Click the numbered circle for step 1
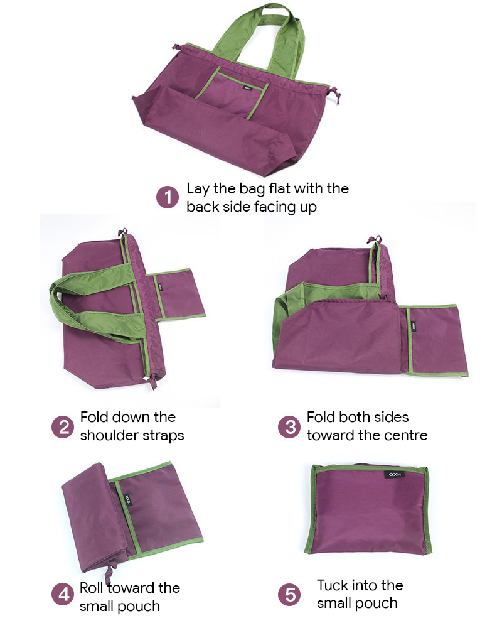[x=168, y=197]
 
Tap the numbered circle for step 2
[x=63, y=427]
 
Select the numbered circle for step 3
[x=289, y=427]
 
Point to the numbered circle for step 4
[x=63, y=594]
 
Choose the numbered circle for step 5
[x=289, y=594]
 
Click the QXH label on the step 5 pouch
[x=394, y=474]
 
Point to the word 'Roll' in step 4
[x=92, y=588]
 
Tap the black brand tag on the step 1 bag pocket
[x=247, y=87]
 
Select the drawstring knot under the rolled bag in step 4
[x=109, y=571]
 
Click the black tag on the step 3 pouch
[x=414, y=327]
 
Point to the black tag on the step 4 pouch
[x=128, y=499]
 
